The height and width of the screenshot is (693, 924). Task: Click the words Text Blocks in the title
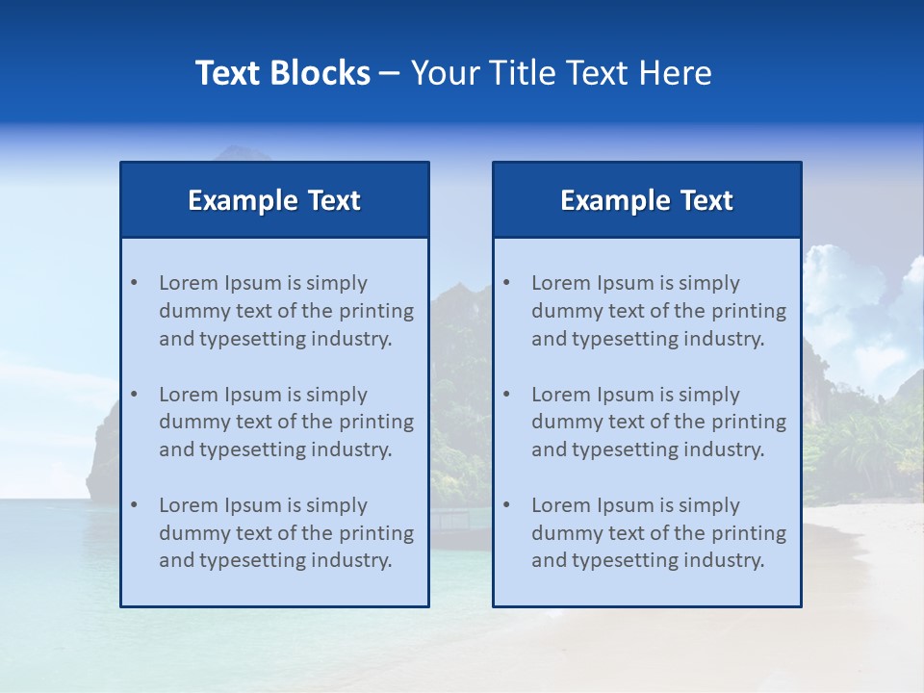coord(282,73)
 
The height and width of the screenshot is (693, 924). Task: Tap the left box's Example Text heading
coord(274,200)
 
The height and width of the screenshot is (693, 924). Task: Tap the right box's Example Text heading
coord(647,200)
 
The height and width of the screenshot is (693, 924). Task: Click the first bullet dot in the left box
coord(134,283)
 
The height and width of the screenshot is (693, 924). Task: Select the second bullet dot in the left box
coord(134,395)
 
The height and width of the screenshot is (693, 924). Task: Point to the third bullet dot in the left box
coord(134,505)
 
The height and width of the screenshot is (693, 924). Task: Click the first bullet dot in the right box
coord(506,283)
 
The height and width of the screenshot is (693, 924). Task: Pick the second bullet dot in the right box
coord(506,395)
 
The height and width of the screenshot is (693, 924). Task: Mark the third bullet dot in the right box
coord(506,505)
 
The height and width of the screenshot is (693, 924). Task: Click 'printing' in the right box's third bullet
coord(750,533)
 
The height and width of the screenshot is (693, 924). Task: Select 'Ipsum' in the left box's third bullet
coord(251,505)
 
